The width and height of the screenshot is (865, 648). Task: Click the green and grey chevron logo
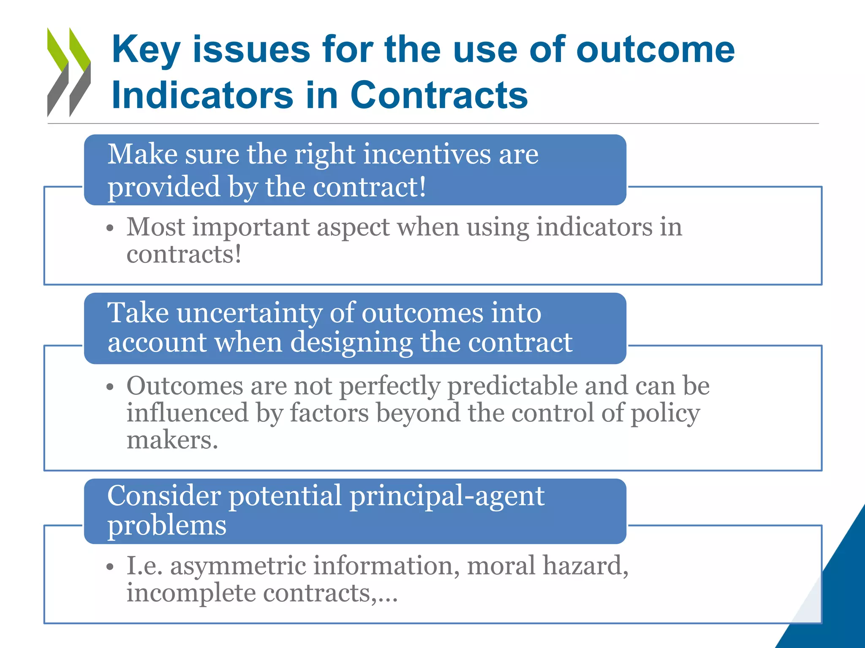pyautogui.click(x=69, y=72)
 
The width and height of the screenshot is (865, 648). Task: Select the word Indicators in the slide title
pyautogui.click(x=202, y=95)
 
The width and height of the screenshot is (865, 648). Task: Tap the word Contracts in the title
pyautogui.click(x=439, y=95)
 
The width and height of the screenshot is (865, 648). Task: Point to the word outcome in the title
pyautogui.click(x=656, y=50)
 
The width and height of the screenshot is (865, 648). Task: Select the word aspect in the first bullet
pyautogui.click(x=353, y=228)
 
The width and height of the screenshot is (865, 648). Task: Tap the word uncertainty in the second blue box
pyautogui.click(x=249, y=313)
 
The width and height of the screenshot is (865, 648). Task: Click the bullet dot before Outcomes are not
pyautogui.click(x=110, y=387)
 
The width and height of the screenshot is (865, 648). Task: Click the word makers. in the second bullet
pyautogui.click(x=172, y=440)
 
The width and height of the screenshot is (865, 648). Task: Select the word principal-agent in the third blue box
pyautogui.click(x=447, y=496)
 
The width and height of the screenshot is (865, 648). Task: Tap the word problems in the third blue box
pyautogui.click(x=167, y=526)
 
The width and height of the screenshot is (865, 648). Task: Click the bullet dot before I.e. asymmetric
pyautogui.click(x=110, y=567)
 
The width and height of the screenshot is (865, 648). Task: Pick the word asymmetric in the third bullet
pyautogui.click(x=238, y=567)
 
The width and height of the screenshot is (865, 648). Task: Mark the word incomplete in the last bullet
pyautogui.click(x=191, y=593)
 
